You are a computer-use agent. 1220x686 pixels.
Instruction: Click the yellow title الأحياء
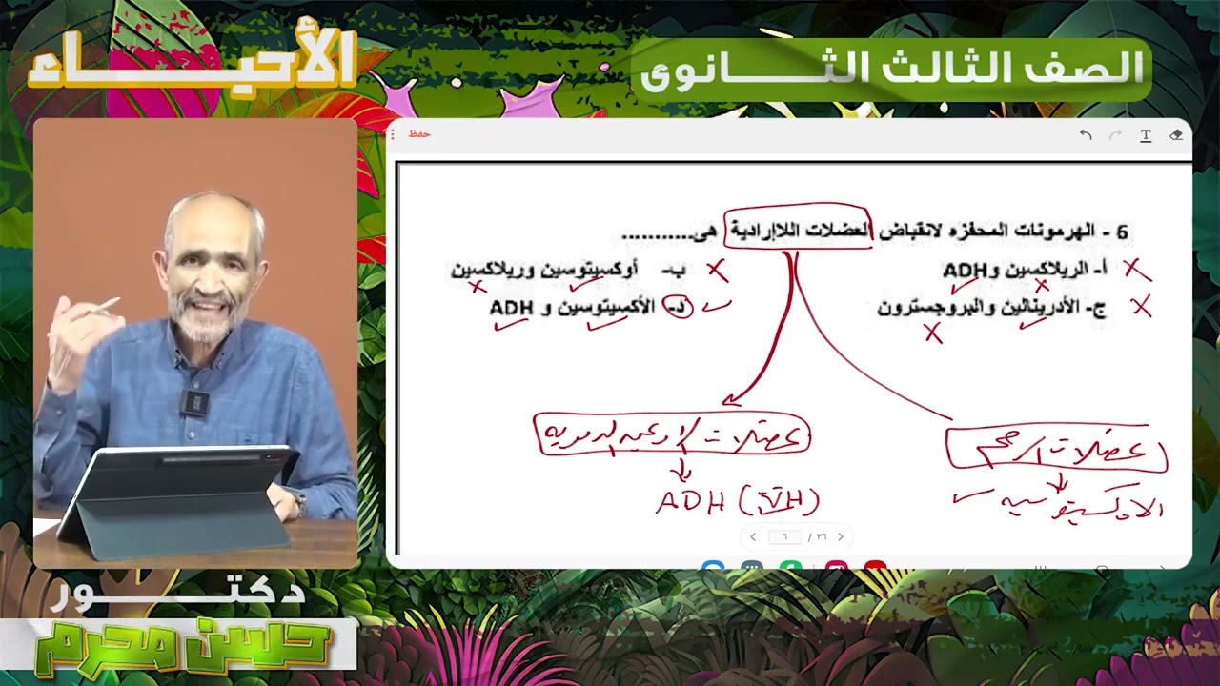pos(191,62)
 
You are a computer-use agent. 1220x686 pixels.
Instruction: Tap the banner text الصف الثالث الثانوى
pos(891,69)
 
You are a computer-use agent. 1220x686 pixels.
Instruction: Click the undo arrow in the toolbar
pos(1086,135)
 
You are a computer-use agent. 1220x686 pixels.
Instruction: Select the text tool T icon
pos(1146,135)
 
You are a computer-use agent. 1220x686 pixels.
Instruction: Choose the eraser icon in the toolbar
pos(1176,135)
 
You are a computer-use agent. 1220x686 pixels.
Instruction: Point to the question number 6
pos(1122,232)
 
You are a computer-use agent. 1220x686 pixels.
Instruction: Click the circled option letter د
pos(678,307)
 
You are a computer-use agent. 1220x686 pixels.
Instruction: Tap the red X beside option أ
pos(1136,271)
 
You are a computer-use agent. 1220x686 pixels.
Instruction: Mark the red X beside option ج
pos(1141,307)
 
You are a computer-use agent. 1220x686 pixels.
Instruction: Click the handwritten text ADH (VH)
pos(737,501)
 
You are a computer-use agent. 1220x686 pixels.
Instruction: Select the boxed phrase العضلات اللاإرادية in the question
pos(797,231)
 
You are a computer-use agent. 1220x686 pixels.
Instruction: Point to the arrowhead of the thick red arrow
pos(729,402)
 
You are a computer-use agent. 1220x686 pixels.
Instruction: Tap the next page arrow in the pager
pos(840,537)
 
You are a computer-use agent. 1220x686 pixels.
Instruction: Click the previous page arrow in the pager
pos(753,537)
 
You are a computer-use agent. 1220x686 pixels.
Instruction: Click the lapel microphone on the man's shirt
pos(194,403)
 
